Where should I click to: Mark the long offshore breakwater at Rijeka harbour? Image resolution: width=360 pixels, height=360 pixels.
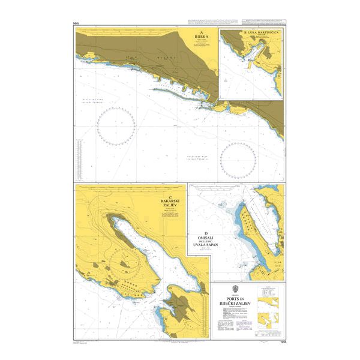(176, 93)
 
